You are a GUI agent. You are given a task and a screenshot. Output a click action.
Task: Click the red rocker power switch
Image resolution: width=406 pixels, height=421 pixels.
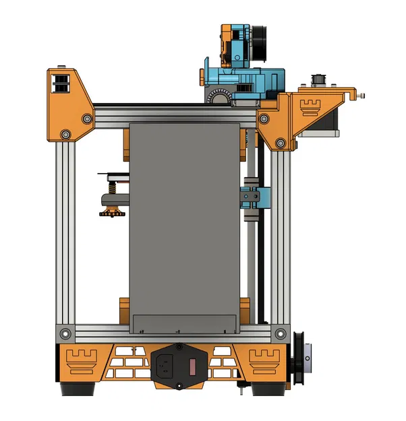pyautogui.click(x=192, y=367)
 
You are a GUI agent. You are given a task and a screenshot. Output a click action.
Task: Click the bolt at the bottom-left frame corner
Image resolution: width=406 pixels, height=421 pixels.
pyautogui.click(x=65, y=333)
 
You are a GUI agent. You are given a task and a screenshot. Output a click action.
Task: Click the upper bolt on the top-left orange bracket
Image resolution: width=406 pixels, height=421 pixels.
pyautogui.click(x=86, y=119)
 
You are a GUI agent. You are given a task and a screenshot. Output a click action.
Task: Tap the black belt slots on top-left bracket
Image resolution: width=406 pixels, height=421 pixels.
pyautogui.click(x=61, y=84)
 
